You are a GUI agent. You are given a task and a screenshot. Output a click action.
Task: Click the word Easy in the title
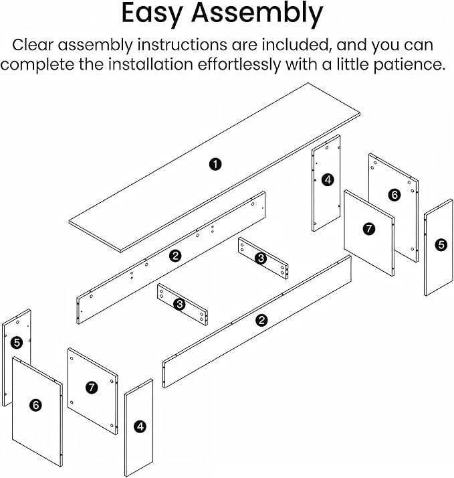coord(152,13)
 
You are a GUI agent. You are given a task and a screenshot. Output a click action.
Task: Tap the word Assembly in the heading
coord(257,13)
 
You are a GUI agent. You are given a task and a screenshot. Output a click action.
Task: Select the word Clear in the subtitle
coord(33,45)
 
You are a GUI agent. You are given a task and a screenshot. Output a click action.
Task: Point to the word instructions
coord(182,45)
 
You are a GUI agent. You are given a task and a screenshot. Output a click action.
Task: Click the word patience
coord(410,64)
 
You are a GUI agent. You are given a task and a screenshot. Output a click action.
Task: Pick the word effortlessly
coord(239,64)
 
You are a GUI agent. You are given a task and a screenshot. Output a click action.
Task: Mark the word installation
coord(151,64)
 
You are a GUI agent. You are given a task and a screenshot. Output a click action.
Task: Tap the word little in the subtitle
coord(353,64)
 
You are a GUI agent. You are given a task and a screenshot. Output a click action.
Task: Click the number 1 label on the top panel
coord(215,164)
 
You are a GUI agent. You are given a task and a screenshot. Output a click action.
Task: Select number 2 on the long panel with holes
coord(175,256)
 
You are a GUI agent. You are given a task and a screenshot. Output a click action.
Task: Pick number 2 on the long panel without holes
coord(261,320)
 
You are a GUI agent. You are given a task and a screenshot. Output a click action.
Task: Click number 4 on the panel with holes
coord(328,179)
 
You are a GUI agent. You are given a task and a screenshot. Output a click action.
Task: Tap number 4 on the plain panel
coord(140,426)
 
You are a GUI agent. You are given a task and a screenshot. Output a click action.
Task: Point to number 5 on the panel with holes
coord(17,342)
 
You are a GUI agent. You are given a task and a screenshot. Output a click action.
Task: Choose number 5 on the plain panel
coord(441,245)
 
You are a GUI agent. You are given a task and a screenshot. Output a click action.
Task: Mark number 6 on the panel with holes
coord(394,195)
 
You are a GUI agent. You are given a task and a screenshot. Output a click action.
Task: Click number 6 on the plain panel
coord(36,405)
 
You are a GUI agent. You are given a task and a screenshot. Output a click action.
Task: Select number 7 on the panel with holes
coord(92,388)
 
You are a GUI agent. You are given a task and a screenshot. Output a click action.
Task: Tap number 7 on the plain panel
coord(369,229)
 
